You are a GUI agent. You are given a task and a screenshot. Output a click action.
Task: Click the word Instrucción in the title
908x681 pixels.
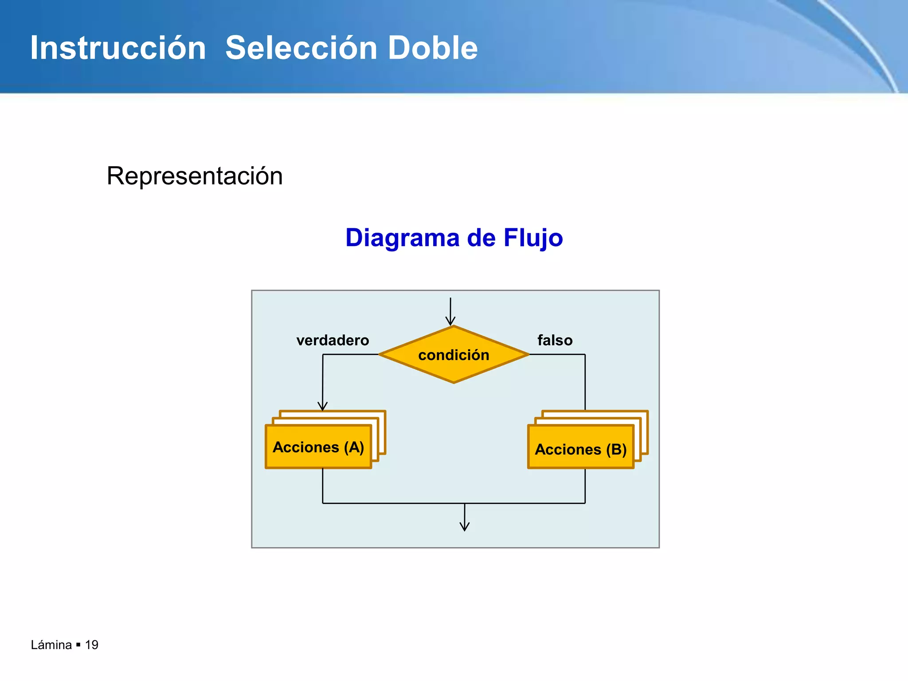(x=118, y=48)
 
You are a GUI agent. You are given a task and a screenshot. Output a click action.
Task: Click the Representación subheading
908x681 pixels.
(x=195, y=176)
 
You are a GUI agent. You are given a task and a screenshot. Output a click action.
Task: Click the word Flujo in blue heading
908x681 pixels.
(x=533, y=238)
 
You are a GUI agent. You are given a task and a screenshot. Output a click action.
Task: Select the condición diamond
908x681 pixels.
(x=454, y=355)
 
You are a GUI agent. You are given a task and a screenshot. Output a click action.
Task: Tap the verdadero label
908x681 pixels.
(x=333, y=340)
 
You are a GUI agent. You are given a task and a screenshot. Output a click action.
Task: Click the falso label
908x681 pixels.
(x=555, y=340)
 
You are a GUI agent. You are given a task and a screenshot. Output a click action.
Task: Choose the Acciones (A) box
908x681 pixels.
(x=318, y=447)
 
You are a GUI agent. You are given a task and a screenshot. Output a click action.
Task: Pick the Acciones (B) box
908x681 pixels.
(x=580, y=449)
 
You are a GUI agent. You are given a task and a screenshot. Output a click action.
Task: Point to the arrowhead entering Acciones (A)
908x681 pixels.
(x=323, y=407)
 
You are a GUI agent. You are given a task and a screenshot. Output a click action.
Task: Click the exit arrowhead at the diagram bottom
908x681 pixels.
(x=465, y=527)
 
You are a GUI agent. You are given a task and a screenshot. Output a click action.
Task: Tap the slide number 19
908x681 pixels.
(x=91, y=645)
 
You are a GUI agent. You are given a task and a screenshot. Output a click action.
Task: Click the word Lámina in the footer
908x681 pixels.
(x=51, y=645)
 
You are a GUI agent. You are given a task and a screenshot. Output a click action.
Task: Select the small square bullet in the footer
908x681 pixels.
(x=78, y=645)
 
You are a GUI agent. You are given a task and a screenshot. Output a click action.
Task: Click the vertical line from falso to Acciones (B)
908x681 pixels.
(x=585, y=381)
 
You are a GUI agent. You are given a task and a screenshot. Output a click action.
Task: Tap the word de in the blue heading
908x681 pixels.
(x=481, y=238)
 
